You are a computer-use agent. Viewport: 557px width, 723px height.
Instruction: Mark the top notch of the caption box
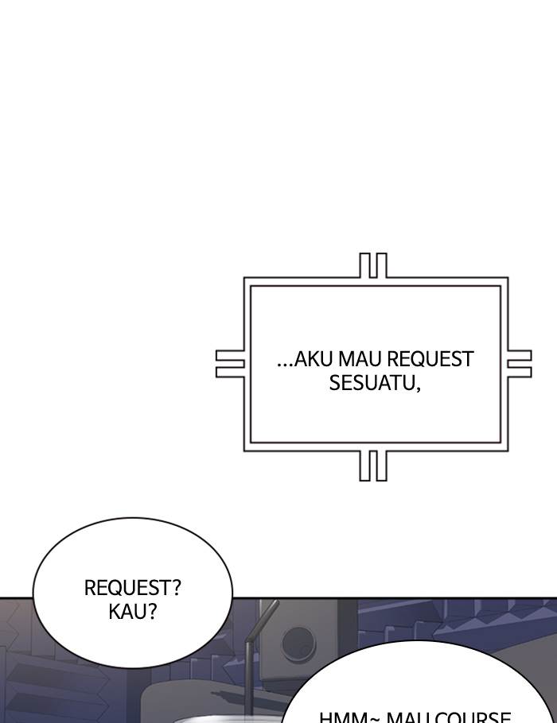pos(372,265)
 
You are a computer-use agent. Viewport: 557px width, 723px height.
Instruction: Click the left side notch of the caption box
pos(230,364)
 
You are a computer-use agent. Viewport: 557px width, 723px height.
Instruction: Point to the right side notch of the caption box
pos(519,364)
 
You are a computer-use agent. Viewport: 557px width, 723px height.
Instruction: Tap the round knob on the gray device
pos(298,642)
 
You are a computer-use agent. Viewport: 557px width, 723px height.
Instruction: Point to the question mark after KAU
pos(151,613)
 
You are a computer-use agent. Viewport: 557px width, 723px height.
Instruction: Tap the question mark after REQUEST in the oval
pos(176,589)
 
